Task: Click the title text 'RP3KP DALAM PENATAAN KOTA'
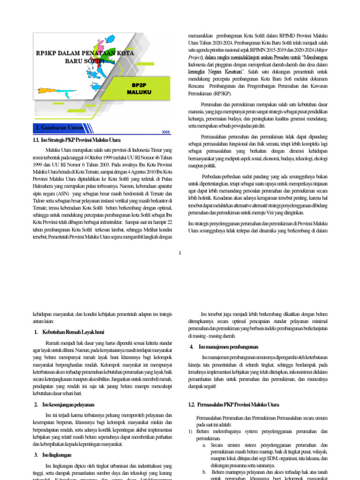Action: pyautogui.click(x=85, y=53)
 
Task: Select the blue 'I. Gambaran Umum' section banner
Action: pyautogui.click(x=60, y=127)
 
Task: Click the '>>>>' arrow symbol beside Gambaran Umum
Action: pyautogui.click(x=165, y=132)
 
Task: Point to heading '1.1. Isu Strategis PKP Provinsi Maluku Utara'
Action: pyautogui.click(x=76, y=140)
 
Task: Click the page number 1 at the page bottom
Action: pyautogui.click(x=180, y=254)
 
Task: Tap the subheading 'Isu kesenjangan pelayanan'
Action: pyautogui.click(x=71, y=405)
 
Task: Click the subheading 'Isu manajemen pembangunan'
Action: pyautogui.click(x=228, y=347)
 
